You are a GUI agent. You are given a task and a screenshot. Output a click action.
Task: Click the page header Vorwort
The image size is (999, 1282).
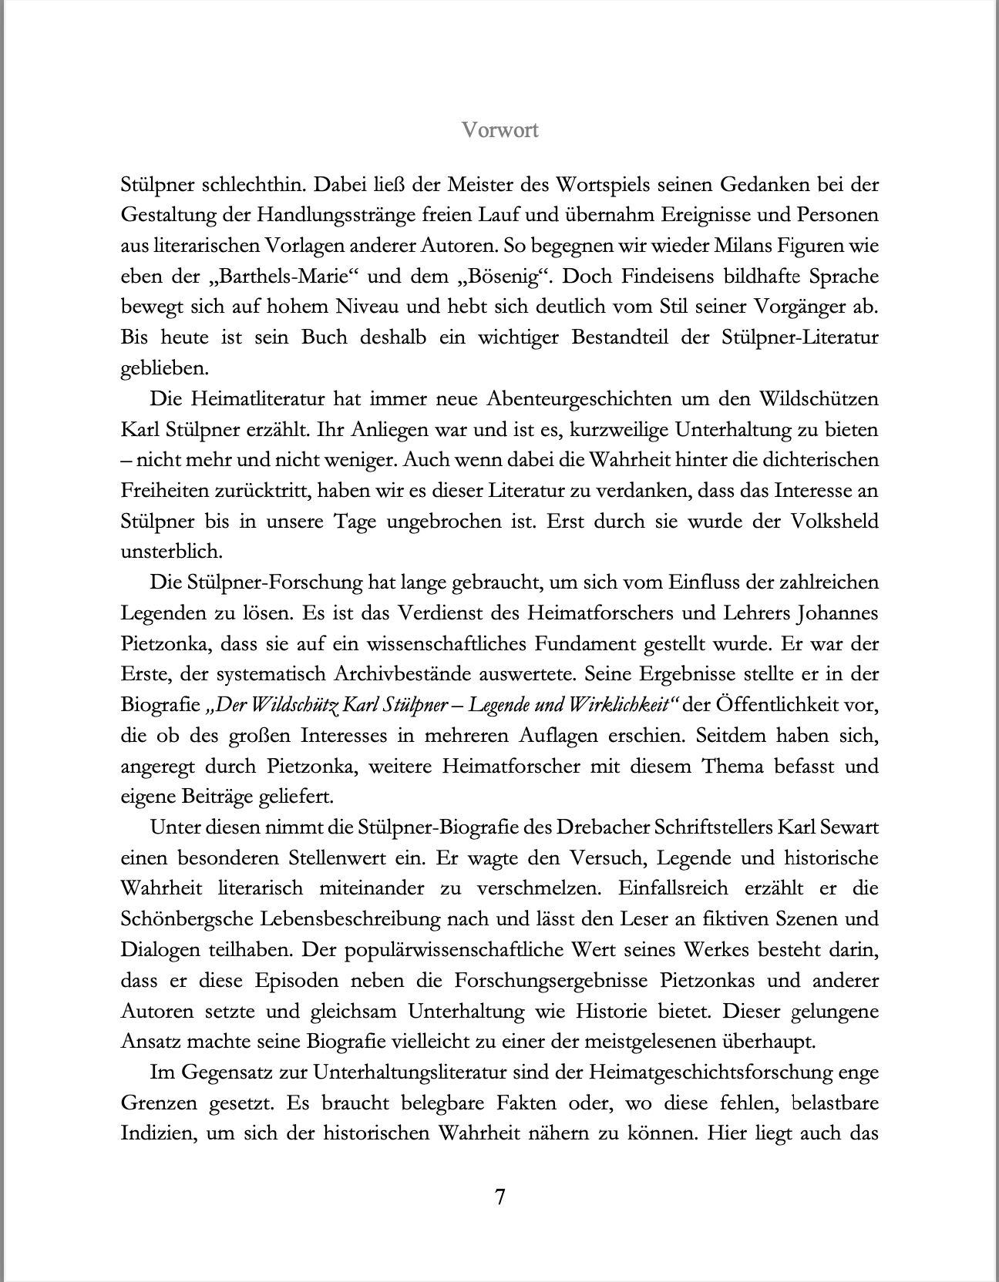click(499, 130)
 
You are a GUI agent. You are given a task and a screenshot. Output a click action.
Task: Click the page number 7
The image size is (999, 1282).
click(499, 1196)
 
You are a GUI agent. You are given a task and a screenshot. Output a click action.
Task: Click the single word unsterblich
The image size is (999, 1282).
click(160, 552)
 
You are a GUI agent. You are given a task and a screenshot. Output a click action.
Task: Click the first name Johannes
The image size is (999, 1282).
click(837, 613)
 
